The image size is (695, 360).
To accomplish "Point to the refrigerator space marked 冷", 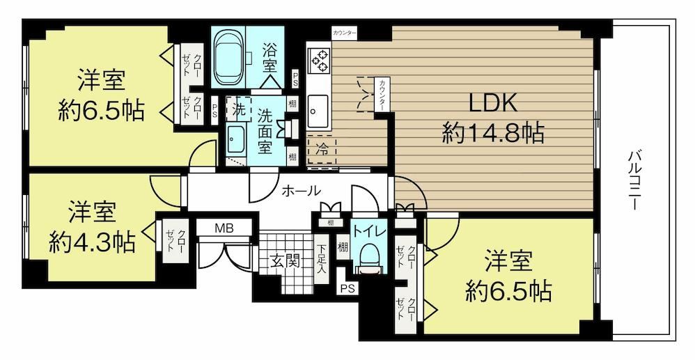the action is pos(322,150).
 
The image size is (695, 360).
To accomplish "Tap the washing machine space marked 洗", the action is pos(238,109).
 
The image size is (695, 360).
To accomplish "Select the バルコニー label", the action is pos(634,180).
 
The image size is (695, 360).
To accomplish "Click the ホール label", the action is pos(301,191).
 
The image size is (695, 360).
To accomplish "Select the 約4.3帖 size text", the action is pos(92,242).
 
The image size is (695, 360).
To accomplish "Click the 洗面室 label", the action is pos(264,132).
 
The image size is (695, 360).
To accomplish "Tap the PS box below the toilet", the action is pos(347,288).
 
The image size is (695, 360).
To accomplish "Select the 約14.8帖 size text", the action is pos(493,132).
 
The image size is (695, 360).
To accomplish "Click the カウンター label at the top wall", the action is pos(345,33).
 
